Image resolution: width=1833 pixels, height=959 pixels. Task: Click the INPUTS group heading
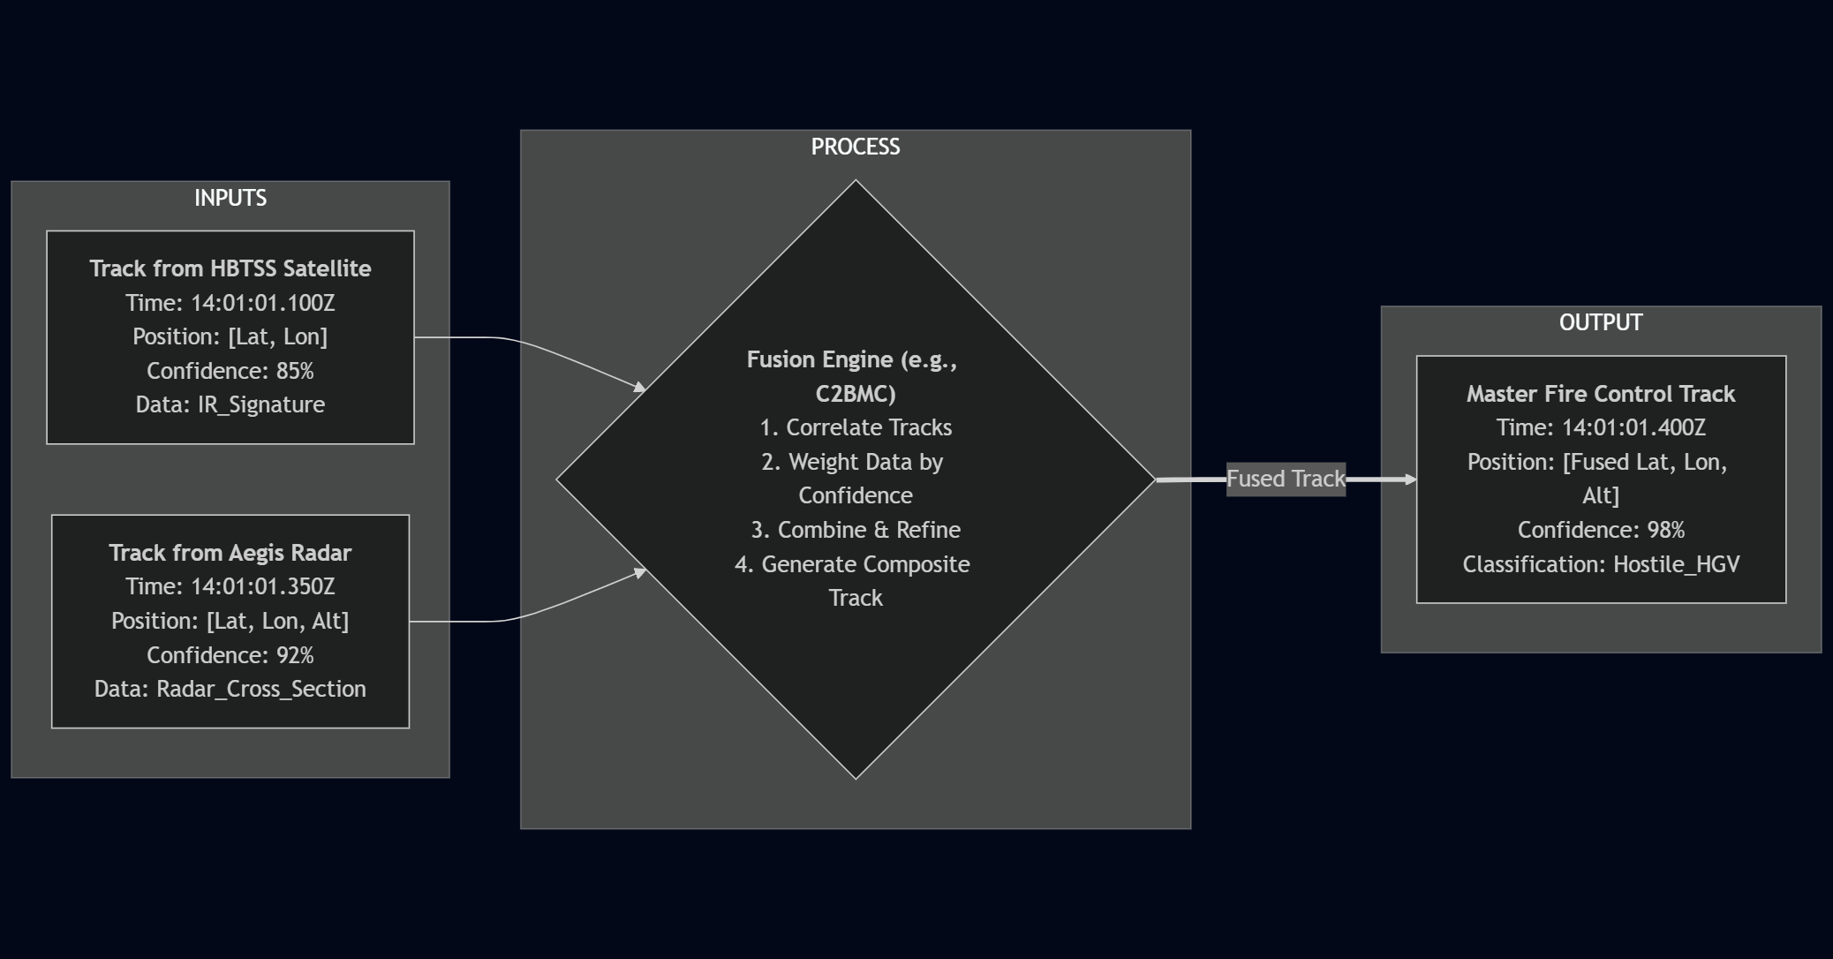[x=230, y=198]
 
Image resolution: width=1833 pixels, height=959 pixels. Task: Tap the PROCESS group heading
[x=855, y=147]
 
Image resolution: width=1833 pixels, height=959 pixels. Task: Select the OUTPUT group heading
[x=1600, y=322]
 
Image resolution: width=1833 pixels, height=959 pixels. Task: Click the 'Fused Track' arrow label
[x=1286, y=479]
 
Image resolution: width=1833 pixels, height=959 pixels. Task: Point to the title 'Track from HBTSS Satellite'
[x=230, y=268]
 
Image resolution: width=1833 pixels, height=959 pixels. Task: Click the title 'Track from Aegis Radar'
[x=230, y=553]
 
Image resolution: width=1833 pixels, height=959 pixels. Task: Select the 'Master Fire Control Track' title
[x=1600, y=394]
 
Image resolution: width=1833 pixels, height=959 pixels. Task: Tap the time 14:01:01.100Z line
[x=230, y=303]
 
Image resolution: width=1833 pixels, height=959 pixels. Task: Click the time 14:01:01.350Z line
[x=230, y=586]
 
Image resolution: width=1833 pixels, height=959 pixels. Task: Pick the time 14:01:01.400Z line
[x=1600, y=427]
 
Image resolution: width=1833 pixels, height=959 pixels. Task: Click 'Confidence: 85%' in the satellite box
[x=230, y=371]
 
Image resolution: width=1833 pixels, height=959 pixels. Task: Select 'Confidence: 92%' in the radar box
[x=230, y=655]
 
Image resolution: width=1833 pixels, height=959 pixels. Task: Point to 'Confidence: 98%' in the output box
[x=1600, y=530]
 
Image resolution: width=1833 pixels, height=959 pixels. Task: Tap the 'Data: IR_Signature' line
[x=230, y=404]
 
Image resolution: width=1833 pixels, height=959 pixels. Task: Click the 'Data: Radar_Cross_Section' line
[x=230, y=689]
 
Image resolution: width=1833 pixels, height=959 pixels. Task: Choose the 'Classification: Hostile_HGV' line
[x=1600, y=564]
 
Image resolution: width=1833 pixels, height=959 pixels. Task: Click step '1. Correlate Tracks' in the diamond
[x=855, y=427]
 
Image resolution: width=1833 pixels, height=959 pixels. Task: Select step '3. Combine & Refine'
[x=855, y=530]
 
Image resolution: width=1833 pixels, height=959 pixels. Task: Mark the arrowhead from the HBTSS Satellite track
[x=639, y=387]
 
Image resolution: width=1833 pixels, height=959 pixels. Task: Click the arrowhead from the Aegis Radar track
[x=639, y=573]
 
